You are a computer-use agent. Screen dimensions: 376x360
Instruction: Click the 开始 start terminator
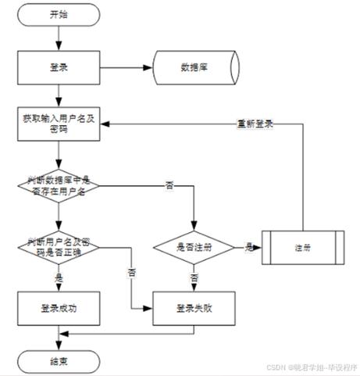point(58,14)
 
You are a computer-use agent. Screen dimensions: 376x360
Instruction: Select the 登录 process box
point(58,68)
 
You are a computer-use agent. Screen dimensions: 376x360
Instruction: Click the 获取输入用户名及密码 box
point(58,124)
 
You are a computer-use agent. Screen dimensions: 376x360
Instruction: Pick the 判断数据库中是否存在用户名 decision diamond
point(58,186)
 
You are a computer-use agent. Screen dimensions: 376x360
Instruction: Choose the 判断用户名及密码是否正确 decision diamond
point(58,248)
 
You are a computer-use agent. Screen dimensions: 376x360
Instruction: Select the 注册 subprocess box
point(301,248)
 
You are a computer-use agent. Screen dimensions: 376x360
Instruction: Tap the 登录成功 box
point(58,307)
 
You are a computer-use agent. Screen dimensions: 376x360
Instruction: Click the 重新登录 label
point(255,124)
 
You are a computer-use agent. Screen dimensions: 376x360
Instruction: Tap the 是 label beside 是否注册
point(248,247)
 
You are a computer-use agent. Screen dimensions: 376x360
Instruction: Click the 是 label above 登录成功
point(58,277)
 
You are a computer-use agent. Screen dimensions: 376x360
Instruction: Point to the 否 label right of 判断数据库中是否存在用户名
point(169,185)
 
